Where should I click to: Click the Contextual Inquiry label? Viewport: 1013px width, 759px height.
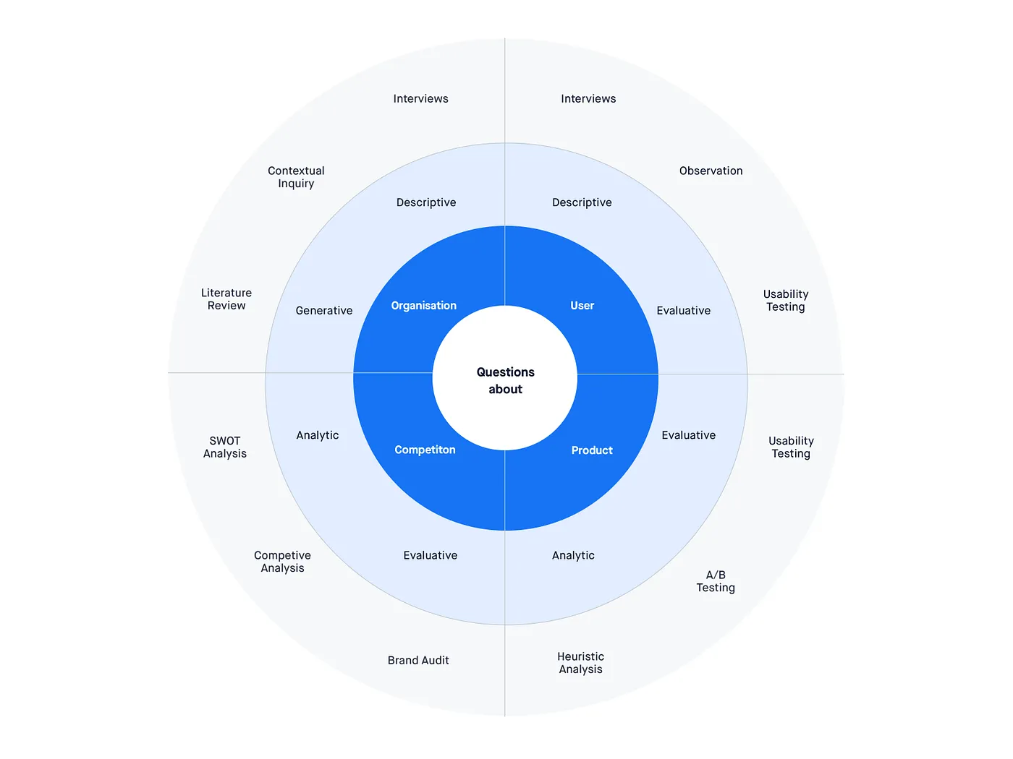[296, 177]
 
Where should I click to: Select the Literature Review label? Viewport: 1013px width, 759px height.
[226, 299]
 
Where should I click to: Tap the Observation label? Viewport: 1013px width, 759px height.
[711, 171]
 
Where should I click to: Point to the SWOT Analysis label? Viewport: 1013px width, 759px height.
[225, 447]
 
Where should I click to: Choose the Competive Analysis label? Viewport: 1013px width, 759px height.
[282, 562]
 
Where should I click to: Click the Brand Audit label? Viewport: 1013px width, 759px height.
[418, 661]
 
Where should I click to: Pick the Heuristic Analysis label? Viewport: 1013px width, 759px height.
[580, 663]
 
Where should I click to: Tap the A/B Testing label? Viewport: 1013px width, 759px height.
[716, 581]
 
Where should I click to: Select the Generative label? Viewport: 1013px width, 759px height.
[324, 311]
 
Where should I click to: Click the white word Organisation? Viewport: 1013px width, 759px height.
[424, 306]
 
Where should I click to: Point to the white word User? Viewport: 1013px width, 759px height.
[582, 306]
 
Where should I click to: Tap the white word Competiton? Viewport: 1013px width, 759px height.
[425, 450]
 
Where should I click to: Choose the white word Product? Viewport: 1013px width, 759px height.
[592, 450]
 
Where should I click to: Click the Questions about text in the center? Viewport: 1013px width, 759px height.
[505, 381]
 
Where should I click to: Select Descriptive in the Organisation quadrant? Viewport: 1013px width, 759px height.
[426, 203]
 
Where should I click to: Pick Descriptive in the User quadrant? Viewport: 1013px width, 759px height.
[582, 203]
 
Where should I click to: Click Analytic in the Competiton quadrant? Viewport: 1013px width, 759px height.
[318, 435]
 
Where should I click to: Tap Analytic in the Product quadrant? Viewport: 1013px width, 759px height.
[573, 556]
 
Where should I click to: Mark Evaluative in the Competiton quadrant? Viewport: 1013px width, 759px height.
[431, 556]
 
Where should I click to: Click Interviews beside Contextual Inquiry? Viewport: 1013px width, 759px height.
[420, 99]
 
